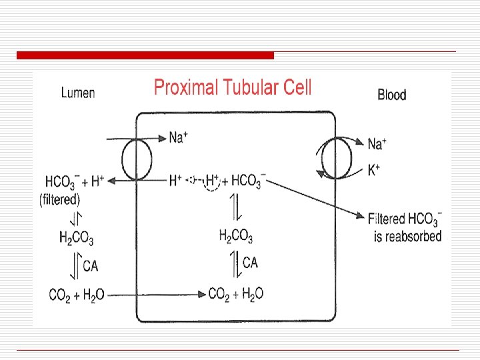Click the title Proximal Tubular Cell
pos(233,87)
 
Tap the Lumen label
pos(78,93)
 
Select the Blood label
pos(391,95)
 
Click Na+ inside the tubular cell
pos(177,137)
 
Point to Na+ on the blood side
pos(377,143)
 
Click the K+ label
pos(374,170)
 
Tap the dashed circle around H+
pos(212,181)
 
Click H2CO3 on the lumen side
pos(77,238)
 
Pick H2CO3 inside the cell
pos(236,235)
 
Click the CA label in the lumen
pos(90,266)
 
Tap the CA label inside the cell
pos(250,263)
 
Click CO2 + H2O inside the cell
pos(236,293)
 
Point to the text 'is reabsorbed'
pos(408,236)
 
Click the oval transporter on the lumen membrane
pos(137,159)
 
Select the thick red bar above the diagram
pos(145,55)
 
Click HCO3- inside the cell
pos(249,180)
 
